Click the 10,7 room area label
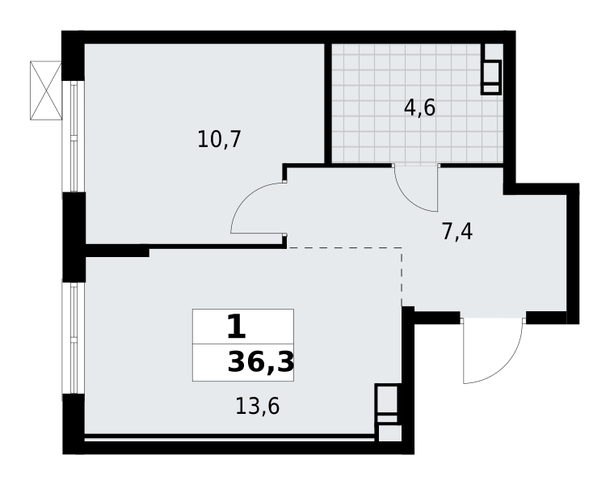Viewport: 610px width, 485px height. point(219,140)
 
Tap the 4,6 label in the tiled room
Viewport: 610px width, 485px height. point(419,108)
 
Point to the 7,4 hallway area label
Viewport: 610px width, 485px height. point(456,232)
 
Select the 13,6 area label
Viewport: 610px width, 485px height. point(257,407)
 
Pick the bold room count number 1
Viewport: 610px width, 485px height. point(235,327)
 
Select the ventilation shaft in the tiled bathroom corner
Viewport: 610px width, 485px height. point(490,77)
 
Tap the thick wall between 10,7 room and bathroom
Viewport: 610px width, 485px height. point(328,103)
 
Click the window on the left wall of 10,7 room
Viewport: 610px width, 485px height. point(84,136)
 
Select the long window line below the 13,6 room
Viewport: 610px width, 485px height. point(230,439)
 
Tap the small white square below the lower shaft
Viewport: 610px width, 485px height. point(389,433)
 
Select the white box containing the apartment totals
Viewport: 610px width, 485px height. point(242,345)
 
